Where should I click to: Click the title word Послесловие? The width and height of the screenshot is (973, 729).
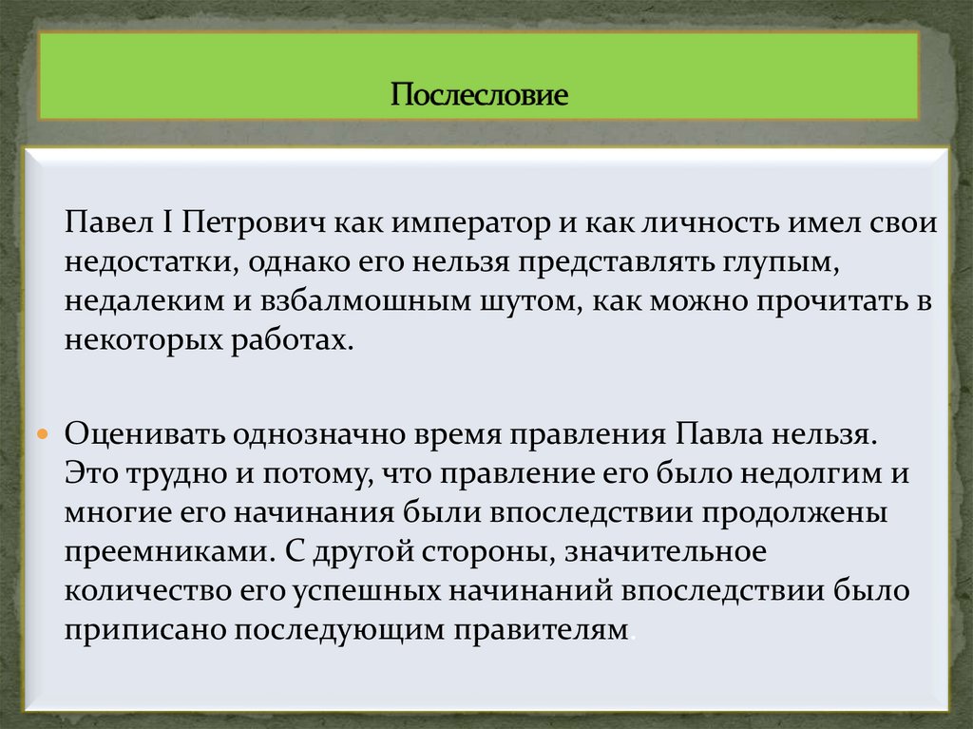(480, 96)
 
